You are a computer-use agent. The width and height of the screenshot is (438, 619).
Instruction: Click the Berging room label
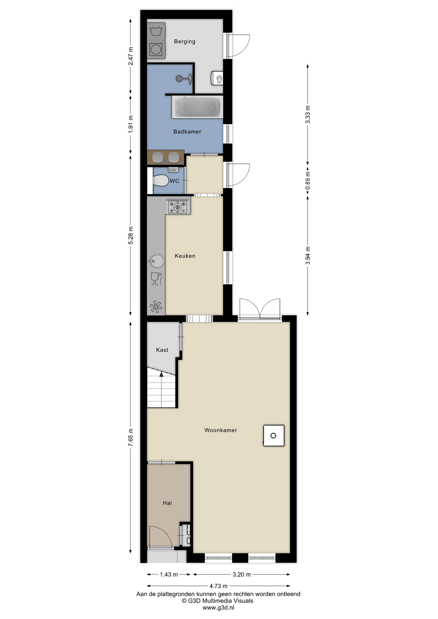184,42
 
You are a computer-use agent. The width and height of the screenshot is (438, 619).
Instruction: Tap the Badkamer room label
187,132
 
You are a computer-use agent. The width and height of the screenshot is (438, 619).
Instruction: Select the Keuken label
185,256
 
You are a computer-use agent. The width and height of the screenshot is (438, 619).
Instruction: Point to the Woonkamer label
221,430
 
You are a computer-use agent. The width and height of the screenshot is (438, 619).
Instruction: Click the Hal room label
167,503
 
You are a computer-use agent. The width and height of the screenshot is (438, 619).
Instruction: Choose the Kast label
162,350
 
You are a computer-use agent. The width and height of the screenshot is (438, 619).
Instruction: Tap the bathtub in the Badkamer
197,107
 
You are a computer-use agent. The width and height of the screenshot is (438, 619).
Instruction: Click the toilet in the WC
160,181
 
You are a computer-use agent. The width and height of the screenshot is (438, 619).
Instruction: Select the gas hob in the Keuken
178,205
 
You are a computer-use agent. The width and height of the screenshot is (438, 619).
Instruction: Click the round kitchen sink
156,261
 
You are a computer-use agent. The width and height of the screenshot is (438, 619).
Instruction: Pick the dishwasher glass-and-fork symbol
156,279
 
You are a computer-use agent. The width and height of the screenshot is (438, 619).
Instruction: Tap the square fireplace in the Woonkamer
274,436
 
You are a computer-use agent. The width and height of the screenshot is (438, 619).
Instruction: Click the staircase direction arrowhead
161,374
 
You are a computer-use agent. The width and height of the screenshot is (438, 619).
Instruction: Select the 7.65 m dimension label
131,437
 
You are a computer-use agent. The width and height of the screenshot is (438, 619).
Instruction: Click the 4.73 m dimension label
218,586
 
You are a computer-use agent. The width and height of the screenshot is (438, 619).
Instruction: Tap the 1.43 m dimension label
169,575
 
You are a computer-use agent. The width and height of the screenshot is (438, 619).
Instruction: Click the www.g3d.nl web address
218,608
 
